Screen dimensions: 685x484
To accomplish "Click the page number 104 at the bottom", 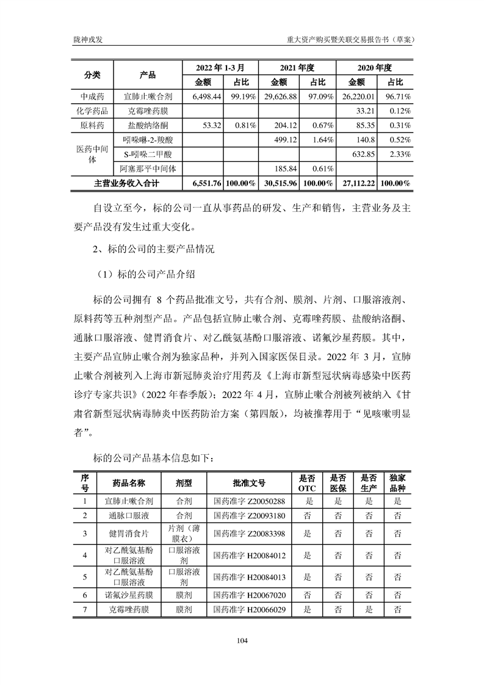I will click(242, 640).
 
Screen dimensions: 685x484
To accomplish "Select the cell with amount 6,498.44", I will click(201, 96).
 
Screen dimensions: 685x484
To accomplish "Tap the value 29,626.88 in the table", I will click(279, 96).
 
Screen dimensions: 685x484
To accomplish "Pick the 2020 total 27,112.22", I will click(356, 183).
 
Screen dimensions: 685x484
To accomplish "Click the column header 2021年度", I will click(297, 67).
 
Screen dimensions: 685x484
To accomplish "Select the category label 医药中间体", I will click(91, 154).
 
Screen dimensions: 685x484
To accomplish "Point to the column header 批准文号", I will click(249, 482).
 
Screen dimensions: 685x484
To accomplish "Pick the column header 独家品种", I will click(397, 482).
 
